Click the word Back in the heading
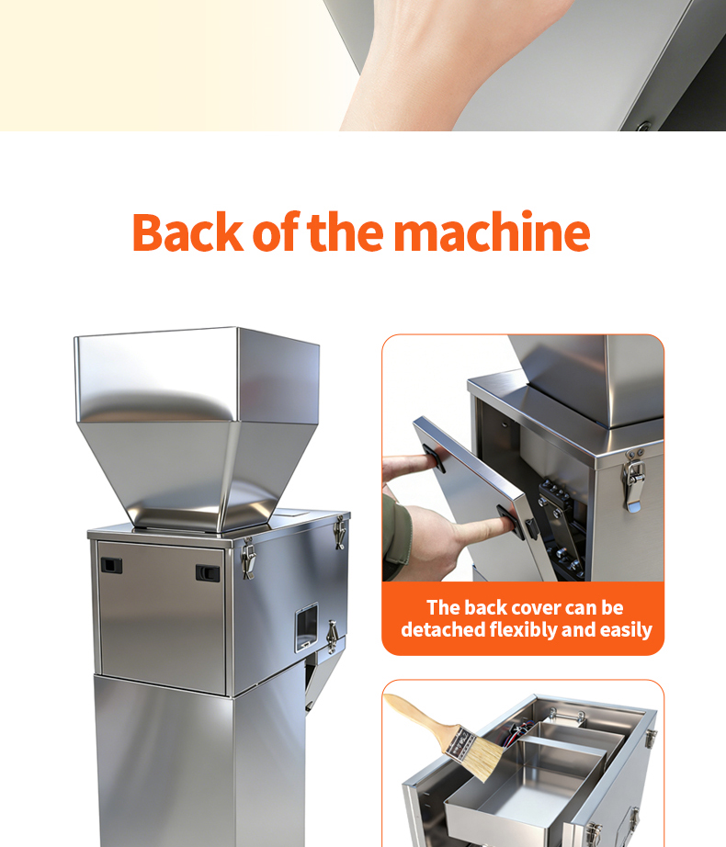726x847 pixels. [x=188, y=232]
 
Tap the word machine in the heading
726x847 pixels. [x=491, y=232]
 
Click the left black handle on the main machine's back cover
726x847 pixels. [x=111, y=566]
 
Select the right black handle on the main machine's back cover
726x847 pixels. [x=208, y=572]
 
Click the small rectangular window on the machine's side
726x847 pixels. [x=306, y=627]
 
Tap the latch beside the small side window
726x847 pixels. [x=333, y=637]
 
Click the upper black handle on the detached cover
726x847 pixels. [x=433, y=458]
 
